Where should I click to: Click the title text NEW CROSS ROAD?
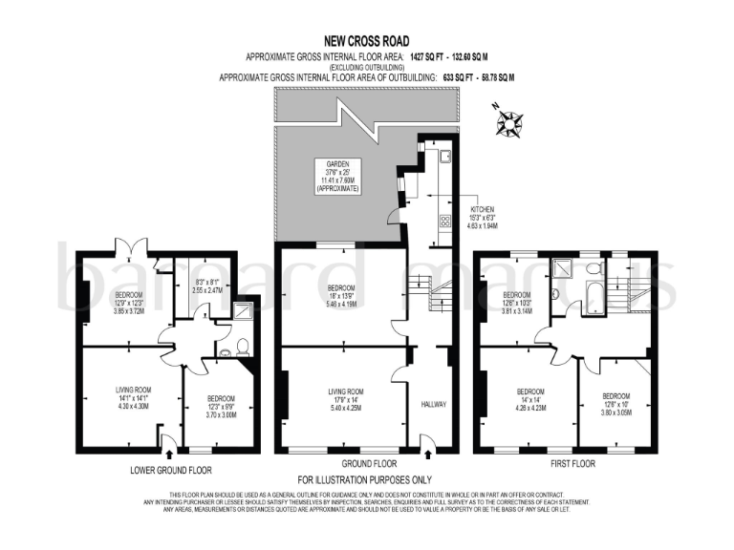click(x=366, y=41)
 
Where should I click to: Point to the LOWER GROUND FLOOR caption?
click(x=171, y=470)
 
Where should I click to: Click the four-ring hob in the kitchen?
click(x=444, y=221)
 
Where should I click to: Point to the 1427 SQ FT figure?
click(x=429, y=56)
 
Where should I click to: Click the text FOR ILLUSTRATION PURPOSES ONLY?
click(x=366, y=479)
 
